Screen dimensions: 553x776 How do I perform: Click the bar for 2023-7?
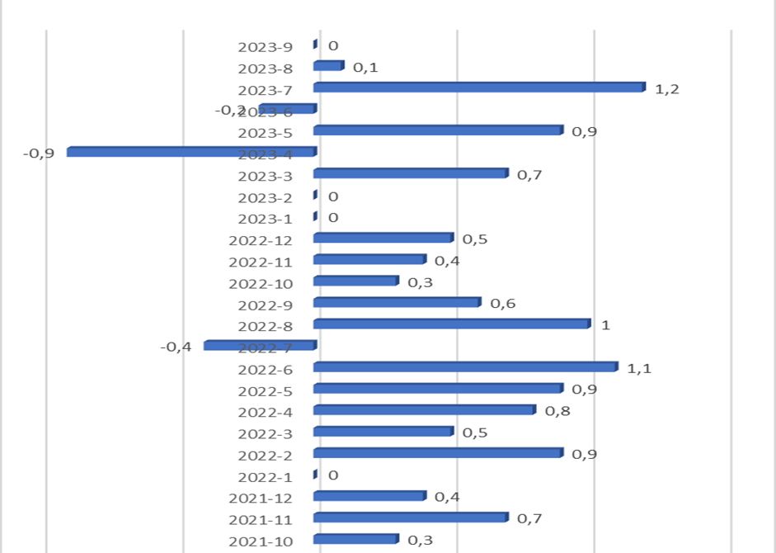click(x=478, y=87)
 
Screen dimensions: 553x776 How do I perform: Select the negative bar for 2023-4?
click(x=191, y=152)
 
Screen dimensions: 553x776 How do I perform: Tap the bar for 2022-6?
click(x=465, y=366)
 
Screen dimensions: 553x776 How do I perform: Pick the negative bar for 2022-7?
click(x=260, y=345)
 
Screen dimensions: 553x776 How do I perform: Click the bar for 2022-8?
click(x=452, y=324)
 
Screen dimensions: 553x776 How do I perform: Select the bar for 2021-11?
click(x=411, y=517)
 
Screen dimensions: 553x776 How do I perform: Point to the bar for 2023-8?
click(x=328, y=66)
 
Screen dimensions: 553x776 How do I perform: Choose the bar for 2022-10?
click(x=356, y=281)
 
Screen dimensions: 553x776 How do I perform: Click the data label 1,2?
click(x=666, y=89)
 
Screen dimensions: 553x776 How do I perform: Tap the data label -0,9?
click(x=39, y=154)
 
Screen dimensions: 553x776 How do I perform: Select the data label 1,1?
click(x=639, y=368)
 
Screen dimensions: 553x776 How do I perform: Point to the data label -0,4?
click(x=176, y=347)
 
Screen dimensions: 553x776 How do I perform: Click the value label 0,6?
click(x=503, y=304)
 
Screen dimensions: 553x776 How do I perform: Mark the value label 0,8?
click(x=557, y=411)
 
